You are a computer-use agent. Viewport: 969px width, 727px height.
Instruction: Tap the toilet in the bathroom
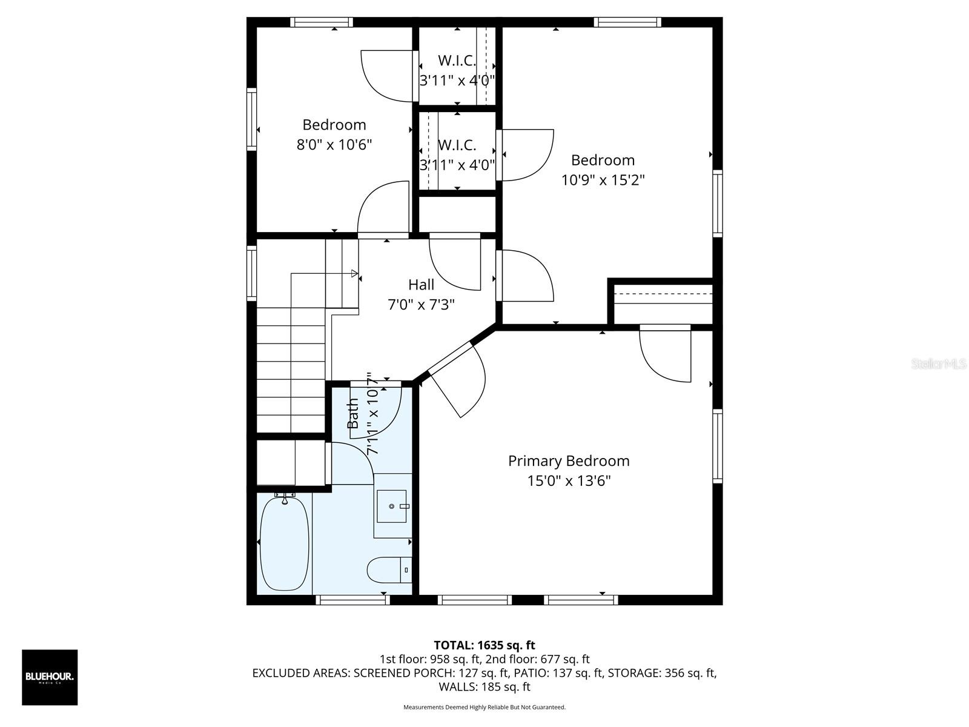coord(388,570)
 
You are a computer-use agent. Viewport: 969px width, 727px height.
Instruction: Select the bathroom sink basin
coord(392,506)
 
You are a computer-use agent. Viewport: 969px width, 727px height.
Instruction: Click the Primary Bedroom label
coord(568,461)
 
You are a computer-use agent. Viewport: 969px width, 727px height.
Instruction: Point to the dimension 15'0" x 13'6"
coord(568,481)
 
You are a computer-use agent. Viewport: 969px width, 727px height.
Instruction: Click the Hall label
coord(421,284)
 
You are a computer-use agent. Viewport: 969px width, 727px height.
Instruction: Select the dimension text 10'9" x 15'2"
coord(602,180)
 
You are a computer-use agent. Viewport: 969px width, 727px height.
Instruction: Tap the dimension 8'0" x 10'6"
coord(334,145)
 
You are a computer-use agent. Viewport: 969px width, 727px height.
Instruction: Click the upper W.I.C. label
coord(457,61)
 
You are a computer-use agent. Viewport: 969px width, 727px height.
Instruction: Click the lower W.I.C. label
coord(457,145)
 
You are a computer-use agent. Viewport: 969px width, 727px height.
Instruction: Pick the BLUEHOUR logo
coord(50,677)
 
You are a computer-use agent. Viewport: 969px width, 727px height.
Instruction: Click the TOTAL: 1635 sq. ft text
coord(484,645)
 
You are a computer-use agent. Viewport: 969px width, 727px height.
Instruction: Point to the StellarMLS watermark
coord(939,364)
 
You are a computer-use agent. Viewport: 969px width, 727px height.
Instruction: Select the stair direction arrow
coord(354,274)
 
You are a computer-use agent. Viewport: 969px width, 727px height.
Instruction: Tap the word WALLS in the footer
coord(458,687)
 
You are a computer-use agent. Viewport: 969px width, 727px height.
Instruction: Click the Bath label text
coord(352,414)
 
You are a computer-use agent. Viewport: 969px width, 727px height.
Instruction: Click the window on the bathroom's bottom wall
coord(352,600)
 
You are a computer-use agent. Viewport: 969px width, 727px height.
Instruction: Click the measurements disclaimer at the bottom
coord(484,707)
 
